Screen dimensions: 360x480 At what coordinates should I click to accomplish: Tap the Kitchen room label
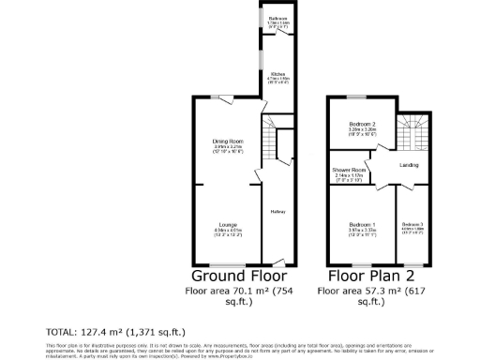(278, 72)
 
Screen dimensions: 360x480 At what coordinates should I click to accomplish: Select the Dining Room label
(228, 142)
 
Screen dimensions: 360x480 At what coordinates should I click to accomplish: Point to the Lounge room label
(228, 224)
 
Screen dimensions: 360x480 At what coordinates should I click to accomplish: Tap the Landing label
(409, 166)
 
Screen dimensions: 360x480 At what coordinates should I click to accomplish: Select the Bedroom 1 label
(362, 225)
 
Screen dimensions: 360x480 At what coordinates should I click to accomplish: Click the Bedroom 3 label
(412, 225)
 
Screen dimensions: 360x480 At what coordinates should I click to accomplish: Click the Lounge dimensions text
(228, 232)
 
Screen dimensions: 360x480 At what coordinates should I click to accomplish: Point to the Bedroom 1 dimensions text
(362, 232)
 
